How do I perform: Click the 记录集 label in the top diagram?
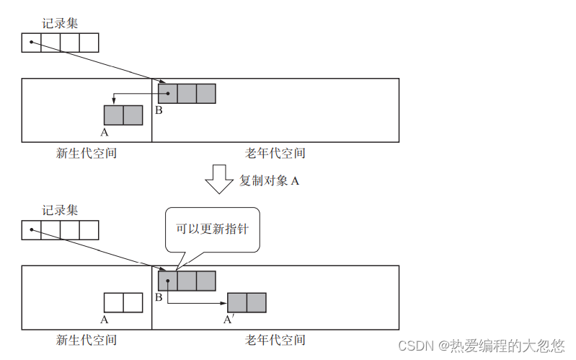click(x=60, y=23)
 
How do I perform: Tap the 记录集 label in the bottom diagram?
click(x=60, y=211)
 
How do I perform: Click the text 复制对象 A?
click(x=269, y=180)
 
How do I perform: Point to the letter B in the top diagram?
click(x=159, y=110)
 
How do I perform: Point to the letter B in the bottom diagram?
click(x=159, y=298)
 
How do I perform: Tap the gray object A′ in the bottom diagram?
click(x=247, y=302)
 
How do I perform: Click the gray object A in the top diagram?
click(x=123, y=115)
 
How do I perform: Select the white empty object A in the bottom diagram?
click(x=123, y=302)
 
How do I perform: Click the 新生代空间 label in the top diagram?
click(x=87, y=153)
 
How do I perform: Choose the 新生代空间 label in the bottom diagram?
click(x=87, y=340)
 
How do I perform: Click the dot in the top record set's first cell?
click(x=31, y=43)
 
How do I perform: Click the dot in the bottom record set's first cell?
click(x=31, y=230)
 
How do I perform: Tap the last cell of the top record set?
click(x=89, y=43)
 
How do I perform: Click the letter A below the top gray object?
click(x=105, y=133)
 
